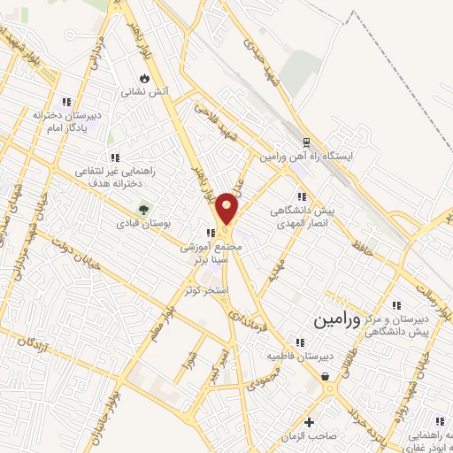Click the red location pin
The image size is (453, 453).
coord(228,207)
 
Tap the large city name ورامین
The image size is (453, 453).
coord(336,319)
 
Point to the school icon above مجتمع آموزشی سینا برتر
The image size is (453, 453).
coord(210,234)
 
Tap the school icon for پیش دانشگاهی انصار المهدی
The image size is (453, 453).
coord(302,196)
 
